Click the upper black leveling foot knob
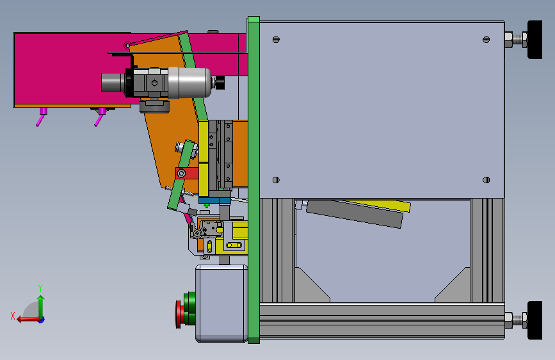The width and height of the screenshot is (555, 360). [535, 39]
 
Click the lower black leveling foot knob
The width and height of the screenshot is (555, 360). [535, 320]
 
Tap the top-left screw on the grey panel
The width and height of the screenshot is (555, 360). [276, 40]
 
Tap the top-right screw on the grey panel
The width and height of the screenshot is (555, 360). [486, 40]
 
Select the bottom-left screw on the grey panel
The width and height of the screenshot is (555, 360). [276, 180]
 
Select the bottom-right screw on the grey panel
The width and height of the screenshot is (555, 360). [486, 180]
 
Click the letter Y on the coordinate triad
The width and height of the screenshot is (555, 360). [40, 288]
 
